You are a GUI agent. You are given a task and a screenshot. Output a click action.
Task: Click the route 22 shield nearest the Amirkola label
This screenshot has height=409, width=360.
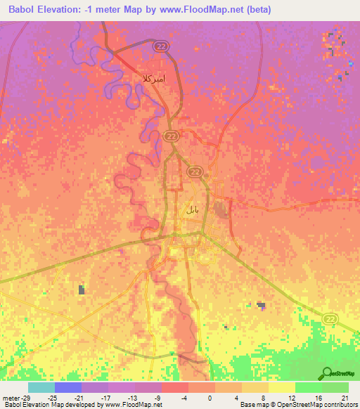[159, 45]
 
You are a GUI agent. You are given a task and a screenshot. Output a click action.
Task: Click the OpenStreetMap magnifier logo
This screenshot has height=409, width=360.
[327, 373]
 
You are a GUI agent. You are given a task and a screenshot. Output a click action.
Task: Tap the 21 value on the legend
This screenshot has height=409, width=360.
[345, 397]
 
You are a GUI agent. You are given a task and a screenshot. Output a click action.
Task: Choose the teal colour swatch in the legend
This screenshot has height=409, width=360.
[41, 387]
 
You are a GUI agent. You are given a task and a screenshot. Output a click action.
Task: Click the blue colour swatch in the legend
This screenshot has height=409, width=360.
[68, 387]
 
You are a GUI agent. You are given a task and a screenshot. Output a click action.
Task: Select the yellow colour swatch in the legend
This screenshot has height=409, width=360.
[282, 387]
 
